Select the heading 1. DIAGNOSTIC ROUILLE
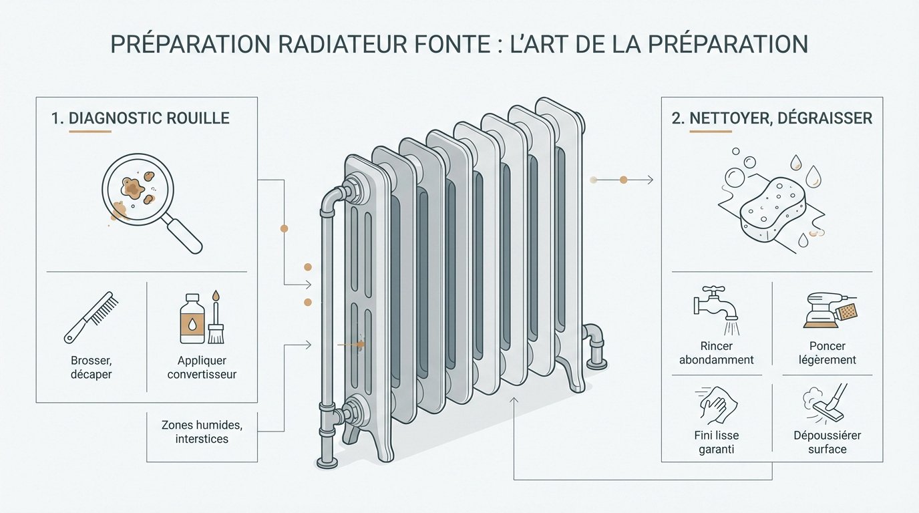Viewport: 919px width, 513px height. click(x=140, y=118)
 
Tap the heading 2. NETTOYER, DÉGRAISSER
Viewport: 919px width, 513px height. click(x=772, y=118)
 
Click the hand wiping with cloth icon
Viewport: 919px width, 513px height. click(x=715, y=403)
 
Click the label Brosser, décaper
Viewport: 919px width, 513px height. click(x=91, y=367)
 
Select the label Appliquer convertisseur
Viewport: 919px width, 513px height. click(x=202, y=367)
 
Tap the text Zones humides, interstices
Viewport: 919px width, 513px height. click(x=202, y=432)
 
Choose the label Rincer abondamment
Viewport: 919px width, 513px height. click(x=716, y=353)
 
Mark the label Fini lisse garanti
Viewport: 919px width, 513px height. click(x=716, y=442)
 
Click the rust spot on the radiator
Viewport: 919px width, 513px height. click(x=360, y=345)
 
